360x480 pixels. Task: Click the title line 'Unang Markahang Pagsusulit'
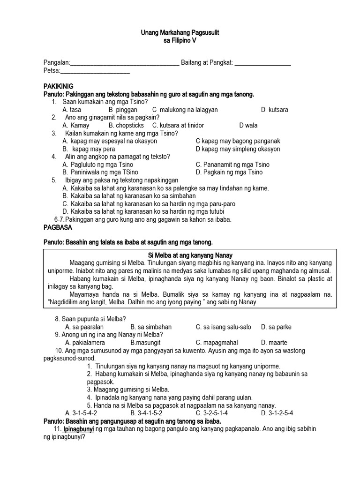click(x=180, y=33)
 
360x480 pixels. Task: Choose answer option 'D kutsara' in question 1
click(x=275, y=110)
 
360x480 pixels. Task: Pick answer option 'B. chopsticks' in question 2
click(x=126, y=126)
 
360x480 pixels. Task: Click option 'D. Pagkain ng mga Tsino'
click(x=229, y=172)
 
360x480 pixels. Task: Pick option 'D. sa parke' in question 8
click(x=277, y=327)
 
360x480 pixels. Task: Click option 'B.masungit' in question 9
click(x=147, y=342)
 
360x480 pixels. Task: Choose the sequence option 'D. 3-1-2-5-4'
click(x=277, y=413)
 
